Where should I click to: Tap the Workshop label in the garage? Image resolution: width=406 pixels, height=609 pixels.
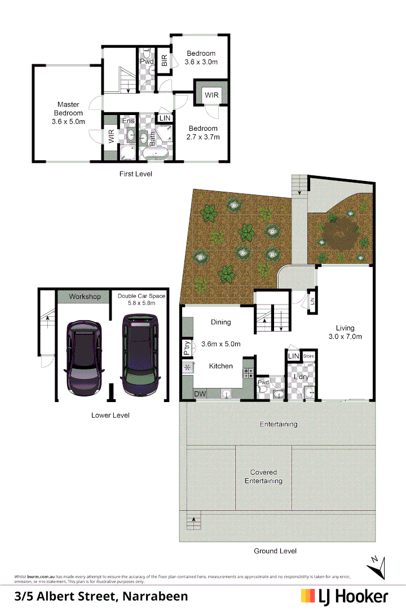tap(85, 297)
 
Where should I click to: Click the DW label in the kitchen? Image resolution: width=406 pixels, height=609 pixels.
tap(199, 394)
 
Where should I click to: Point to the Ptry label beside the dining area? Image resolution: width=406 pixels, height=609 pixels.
tap(187, 348)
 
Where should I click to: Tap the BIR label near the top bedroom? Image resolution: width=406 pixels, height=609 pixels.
tap(164, 60)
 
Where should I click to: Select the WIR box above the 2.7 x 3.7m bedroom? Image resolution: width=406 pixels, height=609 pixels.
tap(211, 95)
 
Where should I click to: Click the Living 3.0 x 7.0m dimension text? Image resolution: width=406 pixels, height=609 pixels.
tap(345, 337)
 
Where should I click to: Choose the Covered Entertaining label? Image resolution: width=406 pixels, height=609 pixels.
tap(263, 476)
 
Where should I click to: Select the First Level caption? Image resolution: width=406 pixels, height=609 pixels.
tap(135, 174)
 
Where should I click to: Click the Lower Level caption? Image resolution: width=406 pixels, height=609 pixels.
tap(110, 415)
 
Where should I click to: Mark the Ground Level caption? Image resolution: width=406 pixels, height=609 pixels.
tap(275, 550)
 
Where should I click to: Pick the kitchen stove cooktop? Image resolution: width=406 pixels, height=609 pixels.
tap(248, 373)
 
